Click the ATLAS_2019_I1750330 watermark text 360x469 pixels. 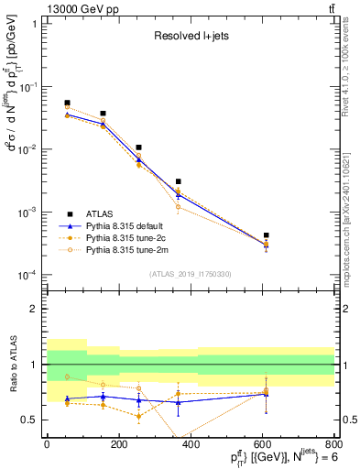(191, 274)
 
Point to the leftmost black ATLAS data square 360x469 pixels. (67, 104)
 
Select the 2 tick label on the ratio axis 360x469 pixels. (32, 309)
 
